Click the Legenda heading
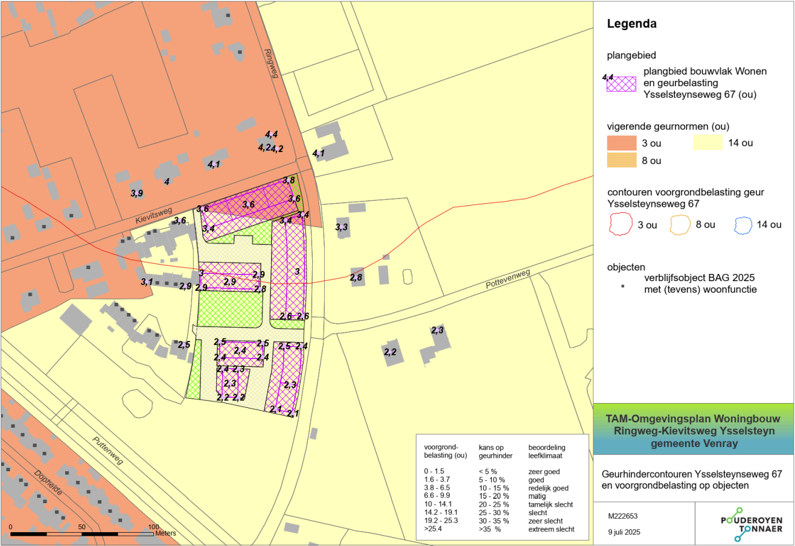coord(631,24)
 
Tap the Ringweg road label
coord(270,63)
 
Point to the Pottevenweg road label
coord(508,279)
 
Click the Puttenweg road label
coord(108,450)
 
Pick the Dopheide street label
coord(48,483)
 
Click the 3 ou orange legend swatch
coord(621,143)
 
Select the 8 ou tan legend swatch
coord(621,160)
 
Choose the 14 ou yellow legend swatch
coord(707,143)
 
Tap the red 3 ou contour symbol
coord(620,225)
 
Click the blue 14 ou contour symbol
coord(742,225)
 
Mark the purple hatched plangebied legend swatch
coord(621,84)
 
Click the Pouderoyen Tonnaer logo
coord(751,524)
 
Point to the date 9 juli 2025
coord(624,532)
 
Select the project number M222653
coord(623,516)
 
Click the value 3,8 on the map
coord(289,180)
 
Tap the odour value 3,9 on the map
coord(137,193)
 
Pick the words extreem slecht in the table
coord(551,529)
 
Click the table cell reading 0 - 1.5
coord(434,472)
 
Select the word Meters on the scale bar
coord(165,533)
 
